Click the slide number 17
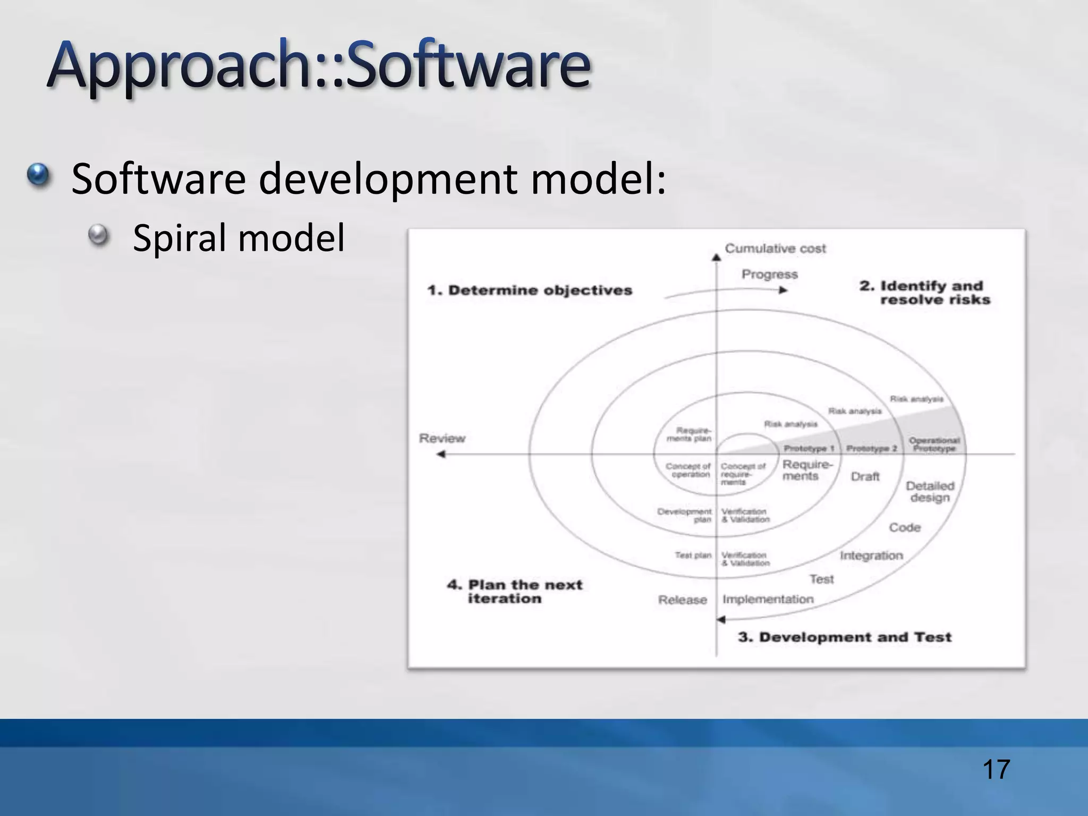click(996, 770)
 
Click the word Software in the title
click(467, 66)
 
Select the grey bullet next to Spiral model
click(98, 234)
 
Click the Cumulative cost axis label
click(775, 249)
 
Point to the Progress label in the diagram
click(769, 275)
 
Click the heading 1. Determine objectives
click(530, 291)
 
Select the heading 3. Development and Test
click(844, 637)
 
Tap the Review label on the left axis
click(442, 438)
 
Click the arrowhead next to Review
click(440, 454)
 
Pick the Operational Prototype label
click(934, 444)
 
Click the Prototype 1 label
click(809, 448)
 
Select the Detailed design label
click(930, 491)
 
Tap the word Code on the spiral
click(904, 528)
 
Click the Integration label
click(871, 556)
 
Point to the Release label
click(682, 600)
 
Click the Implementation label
click(768, 599)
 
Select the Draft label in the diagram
click(865, 477)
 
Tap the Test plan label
click(693, 555)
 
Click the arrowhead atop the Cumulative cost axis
click(716, 258)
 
